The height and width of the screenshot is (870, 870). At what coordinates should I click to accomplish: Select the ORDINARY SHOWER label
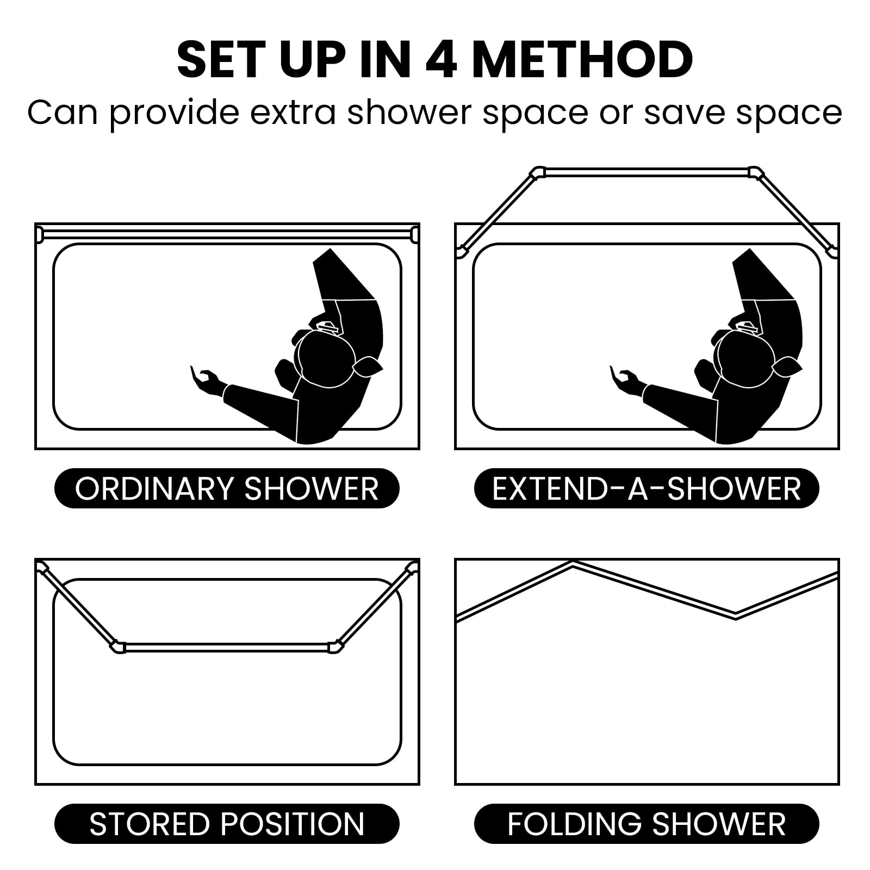[x=227, y=488]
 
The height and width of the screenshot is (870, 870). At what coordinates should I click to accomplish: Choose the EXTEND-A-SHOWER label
[x=647, y=488]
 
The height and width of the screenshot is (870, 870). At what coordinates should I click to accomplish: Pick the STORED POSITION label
[x=227, y=824]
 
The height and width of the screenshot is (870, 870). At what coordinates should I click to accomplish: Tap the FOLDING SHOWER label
[x=647, y=824]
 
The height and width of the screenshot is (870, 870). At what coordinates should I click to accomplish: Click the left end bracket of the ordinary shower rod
[x=39, y=234]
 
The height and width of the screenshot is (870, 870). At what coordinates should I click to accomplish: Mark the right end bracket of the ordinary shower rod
[x=415, y=234]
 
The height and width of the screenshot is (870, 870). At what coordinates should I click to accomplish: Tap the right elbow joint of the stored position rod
[x=336, y=647]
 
